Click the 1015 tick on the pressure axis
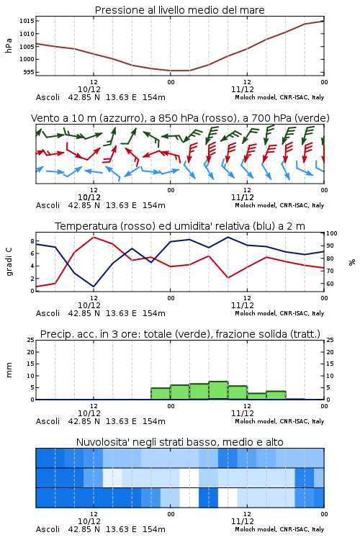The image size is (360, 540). (x=27, y=21)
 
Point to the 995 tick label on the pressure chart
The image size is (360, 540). (x=29, y=72)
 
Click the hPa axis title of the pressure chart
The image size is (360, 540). (x=9, y=46)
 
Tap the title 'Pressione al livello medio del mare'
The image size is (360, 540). (x=180, y=10)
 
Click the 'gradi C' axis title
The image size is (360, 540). (x=9, y=262)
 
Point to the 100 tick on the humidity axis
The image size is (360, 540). (x=332, y=233)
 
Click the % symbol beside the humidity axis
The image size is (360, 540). (x=352, y=262)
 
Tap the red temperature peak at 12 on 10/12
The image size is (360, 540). (x=94, y=237)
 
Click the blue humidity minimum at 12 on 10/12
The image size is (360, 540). (x=94, y=286)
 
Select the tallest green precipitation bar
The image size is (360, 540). (x=218, y=390)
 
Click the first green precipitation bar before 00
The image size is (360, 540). (x=161, y=394)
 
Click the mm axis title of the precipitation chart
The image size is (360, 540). (x=9, y=370)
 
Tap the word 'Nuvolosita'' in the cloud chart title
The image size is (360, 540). (x=98, y=442)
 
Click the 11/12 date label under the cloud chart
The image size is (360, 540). (x=243, y=521)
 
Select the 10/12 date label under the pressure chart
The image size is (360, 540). (x=89, y=89)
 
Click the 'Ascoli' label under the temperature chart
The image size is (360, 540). (x=48, y=313)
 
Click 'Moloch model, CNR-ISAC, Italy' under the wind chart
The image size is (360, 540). (x=279, y=206)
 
